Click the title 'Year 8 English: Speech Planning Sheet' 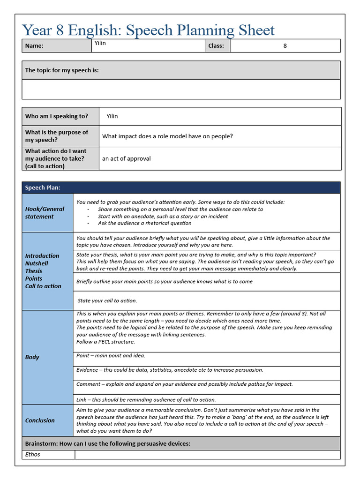148,30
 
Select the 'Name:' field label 34,46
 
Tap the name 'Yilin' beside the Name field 100,43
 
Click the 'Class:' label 216,46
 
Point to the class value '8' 285,46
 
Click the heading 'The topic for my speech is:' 62,70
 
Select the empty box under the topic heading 181,89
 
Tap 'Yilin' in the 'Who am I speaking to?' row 112,116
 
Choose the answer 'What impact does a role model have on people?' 167,136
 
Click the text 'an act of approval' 127,158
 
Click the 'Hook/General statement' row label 45,213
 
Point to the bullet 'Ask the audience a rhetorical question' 144,223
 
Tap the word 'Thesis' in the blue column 34,271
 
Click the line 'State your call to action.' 107,301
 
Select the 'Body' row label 32,357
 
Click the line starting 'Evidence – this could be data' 170,370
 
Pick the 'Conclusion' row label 40,420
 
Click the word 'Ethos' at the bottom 33,454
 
